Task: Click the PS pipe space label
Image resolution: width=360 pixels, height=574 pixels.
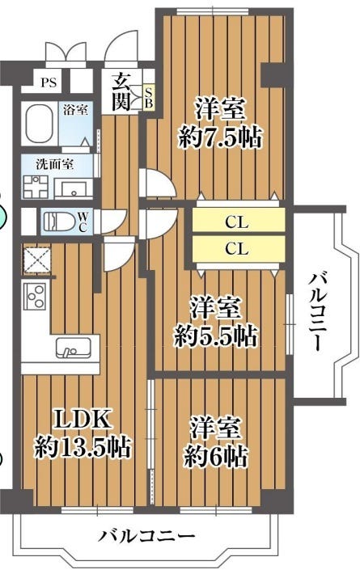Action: click(49, 82)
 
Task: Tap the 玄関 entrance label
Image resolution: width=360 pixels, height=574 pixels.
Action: click(121, 91)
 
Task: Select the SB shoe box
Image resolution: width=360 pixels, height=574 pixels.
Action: click(149, 97)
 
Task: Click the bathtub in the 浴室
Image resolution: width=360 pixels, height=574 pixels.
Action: click(39, 124)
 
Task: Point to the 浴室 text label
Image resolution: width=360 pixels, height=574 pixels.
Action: click(75, 109)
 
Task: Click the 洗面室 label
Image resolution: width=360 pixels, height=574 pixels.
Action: click(54, 164)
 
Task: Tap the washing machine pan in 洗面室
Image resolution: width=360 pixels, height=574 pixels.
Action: click(36, 187)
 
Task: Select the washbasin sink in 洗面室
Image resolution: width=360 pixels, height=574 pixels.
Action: click(74, 189)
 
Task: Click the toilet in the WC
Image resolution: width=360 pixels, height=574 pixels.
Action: click(58, 222)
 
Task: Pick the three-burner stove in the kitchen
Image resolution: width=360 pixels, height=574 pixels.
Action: click(36, 296)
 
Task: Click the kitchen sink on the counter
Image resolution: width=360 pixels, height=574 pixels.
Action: click(73, 348)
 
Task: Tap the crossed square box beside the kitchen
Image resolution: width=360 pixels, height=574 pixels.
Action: click(36, 260)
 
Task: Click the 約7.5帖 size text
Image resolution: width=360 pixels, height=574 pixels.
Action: click(220, 137)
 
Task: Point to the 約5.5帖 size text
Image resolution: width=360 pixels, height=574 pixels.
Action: click(215, 336)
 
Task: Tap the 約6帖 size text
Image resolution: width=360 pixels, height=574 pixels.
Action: click(215, 455)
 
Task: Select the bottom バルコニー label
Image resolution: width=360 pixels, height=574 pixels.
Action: click(146, 537)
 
